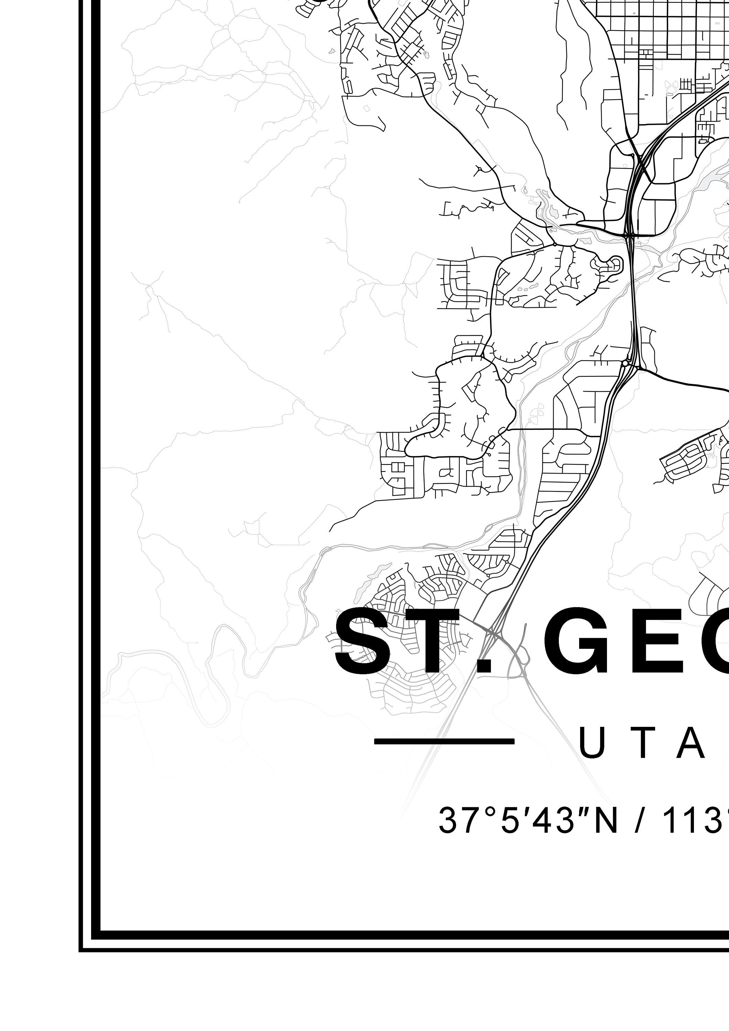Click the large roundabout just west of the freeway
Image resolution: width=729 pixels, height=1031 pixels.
tap(625, 363)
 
